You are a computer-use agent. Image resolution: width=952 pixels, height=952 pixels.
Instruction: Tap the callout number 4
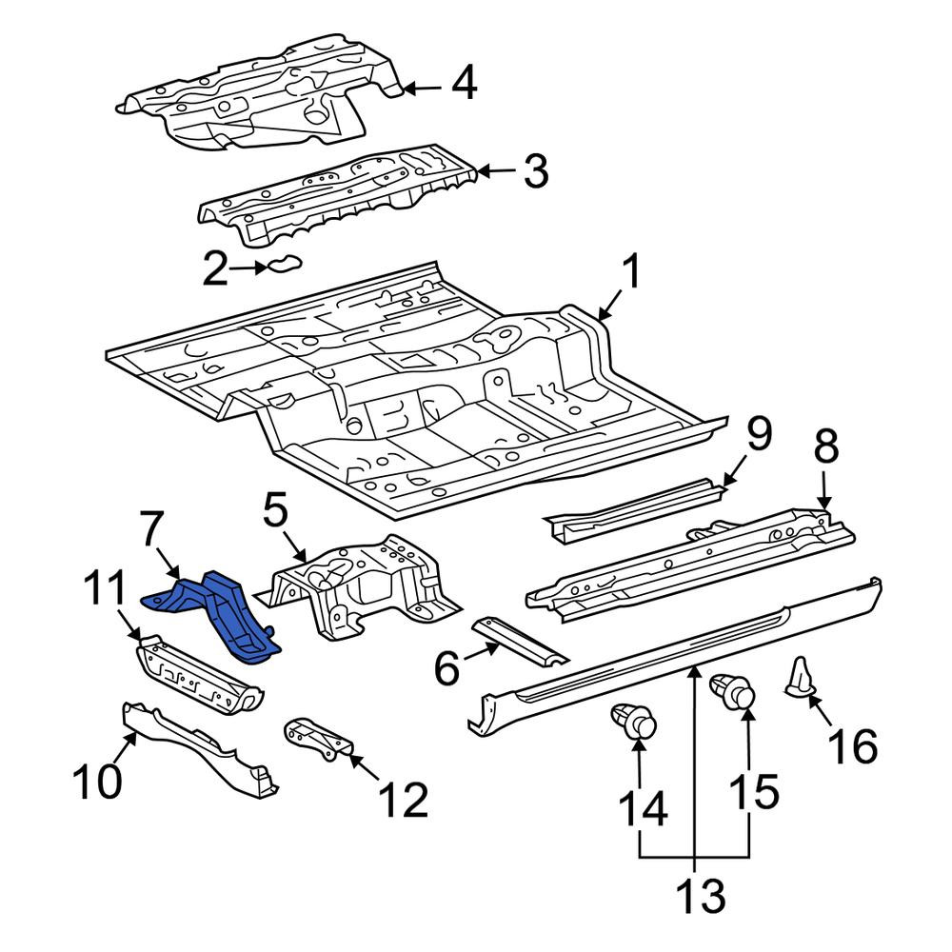click(x=464, y=83)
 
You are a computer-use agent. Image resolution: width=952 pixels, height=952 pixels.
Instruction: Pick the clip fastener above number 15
click(x=733, y=692)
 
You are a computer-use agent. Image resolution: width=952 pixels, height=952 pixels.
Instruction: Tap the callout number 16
click(x=854, y=746)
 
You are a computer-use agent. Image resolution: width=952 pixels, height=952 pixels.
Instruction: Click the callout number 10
click(x=97, y=781)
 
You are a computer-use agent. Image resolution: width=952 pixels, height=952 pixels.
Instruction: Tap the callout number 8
click(x=826, y=446)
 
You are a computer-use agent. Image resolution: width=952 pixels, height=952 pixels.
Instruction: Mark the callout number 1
click(x=631, y=272)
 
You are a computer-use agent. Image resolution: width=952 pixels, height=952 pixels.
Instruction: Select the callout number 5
click(x=276, y=509)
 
